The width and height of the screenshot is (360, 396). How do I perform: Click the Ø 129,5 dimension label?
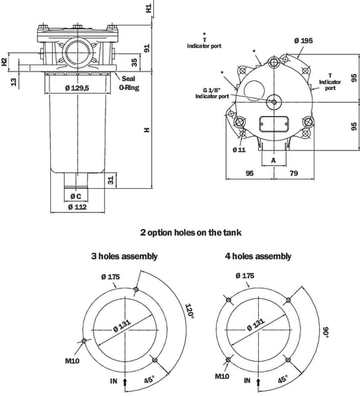pyautogui.click(x=77, y=88)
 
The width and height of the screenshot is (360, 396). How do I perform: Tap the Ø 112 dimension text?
pyautogui.click(x=77, y=207)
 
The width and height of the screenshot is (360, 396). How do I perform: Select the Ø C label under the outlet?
pyautogui.click(x=76, y=196)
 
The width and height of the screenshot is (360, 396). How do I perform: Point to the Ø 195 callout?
pyautogui.click(x=303, y=40)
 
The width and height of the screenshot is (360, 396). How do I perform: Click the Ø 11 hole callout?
pyautogui.click(x=239, y=150)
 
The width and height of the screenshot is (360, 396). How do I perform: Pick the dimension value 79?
pyautogui.click(x=294, y=173)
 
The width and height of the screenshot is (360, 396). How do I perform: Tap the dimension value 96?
pyautogui.click(x=250, y=173)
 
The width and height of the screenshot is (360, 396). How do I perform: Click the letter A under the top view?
pyautogui.click(x=273, y=160)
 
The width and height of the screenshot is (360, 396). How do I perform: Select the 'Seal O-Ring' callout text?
pyautogui.click(x=129, y=83)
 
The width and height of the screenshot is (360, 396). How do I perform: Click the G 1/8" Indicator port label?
pyautogui.click(x=212, y=93)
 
